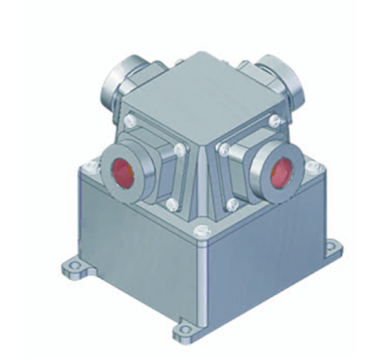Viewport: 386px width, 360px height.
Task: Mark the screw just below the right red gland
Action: tap(231, 204)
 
